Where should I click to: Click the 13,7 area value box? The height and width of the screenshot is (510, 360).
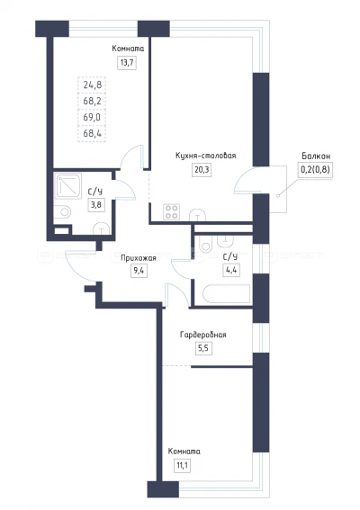point(127,62)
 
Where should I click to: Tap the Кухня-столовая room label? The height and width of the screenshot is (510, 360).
point(206,156)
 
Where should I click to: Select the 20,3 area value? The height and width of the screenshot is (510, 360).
point(202,169)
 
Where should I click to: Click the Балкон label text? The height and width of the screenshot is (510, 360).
point(316,156)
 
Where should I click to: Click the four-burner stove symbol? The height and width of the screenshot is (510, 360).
point(172,211)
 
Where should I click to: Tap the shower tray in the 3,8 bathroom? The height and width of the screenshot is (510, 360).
point(68,186)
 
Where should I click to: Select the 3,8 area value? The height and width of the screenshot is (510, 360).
point(95,205)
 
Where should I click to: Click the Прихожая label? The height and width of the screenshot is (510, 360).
point(139,258)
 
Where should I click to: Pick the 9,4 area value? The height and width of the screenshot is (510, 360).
point(139,271)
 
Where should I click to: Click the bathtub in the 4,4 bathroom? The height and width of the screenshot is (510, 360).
point(227,294)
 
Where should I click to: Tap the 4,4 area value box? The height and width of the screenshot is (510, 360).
point(231,270)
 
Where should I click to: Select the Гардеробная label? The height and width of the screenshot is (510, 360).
point(203,335)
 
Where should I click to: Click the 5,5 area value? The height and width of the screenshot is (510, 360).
point(203,348)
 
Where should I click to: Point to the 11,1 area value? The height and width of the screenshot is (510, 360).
point(183,465)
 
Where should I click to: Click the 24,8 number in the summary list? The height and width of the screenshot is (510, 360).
point(93,85)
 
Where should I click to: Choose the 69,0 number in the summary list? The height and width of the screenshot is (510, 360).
point(92,117)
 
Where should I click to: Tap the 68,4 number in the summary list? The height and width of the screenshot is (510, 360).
point(93,133)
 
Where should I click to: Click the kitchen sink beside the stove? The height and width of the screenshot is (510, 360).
point(197,215)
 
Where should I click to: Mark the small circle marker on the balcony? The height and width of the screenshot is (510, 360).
point(278,195)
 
